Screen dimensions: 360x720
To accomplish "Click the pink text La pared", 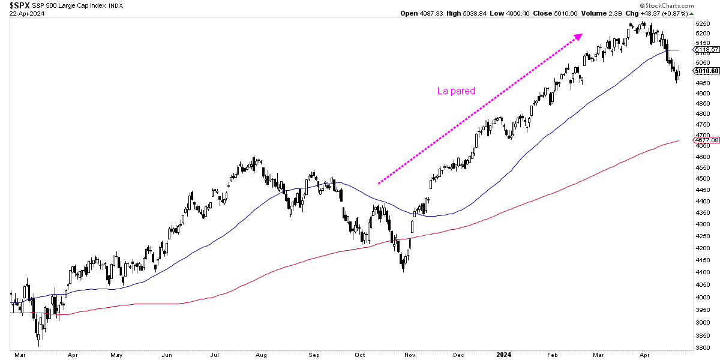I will coord(456,91).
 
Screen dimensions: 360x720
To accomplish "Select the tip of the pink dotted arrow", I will coord(581,35).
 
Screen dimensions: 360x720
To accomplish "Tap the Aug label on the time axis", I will coord(260,355).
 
